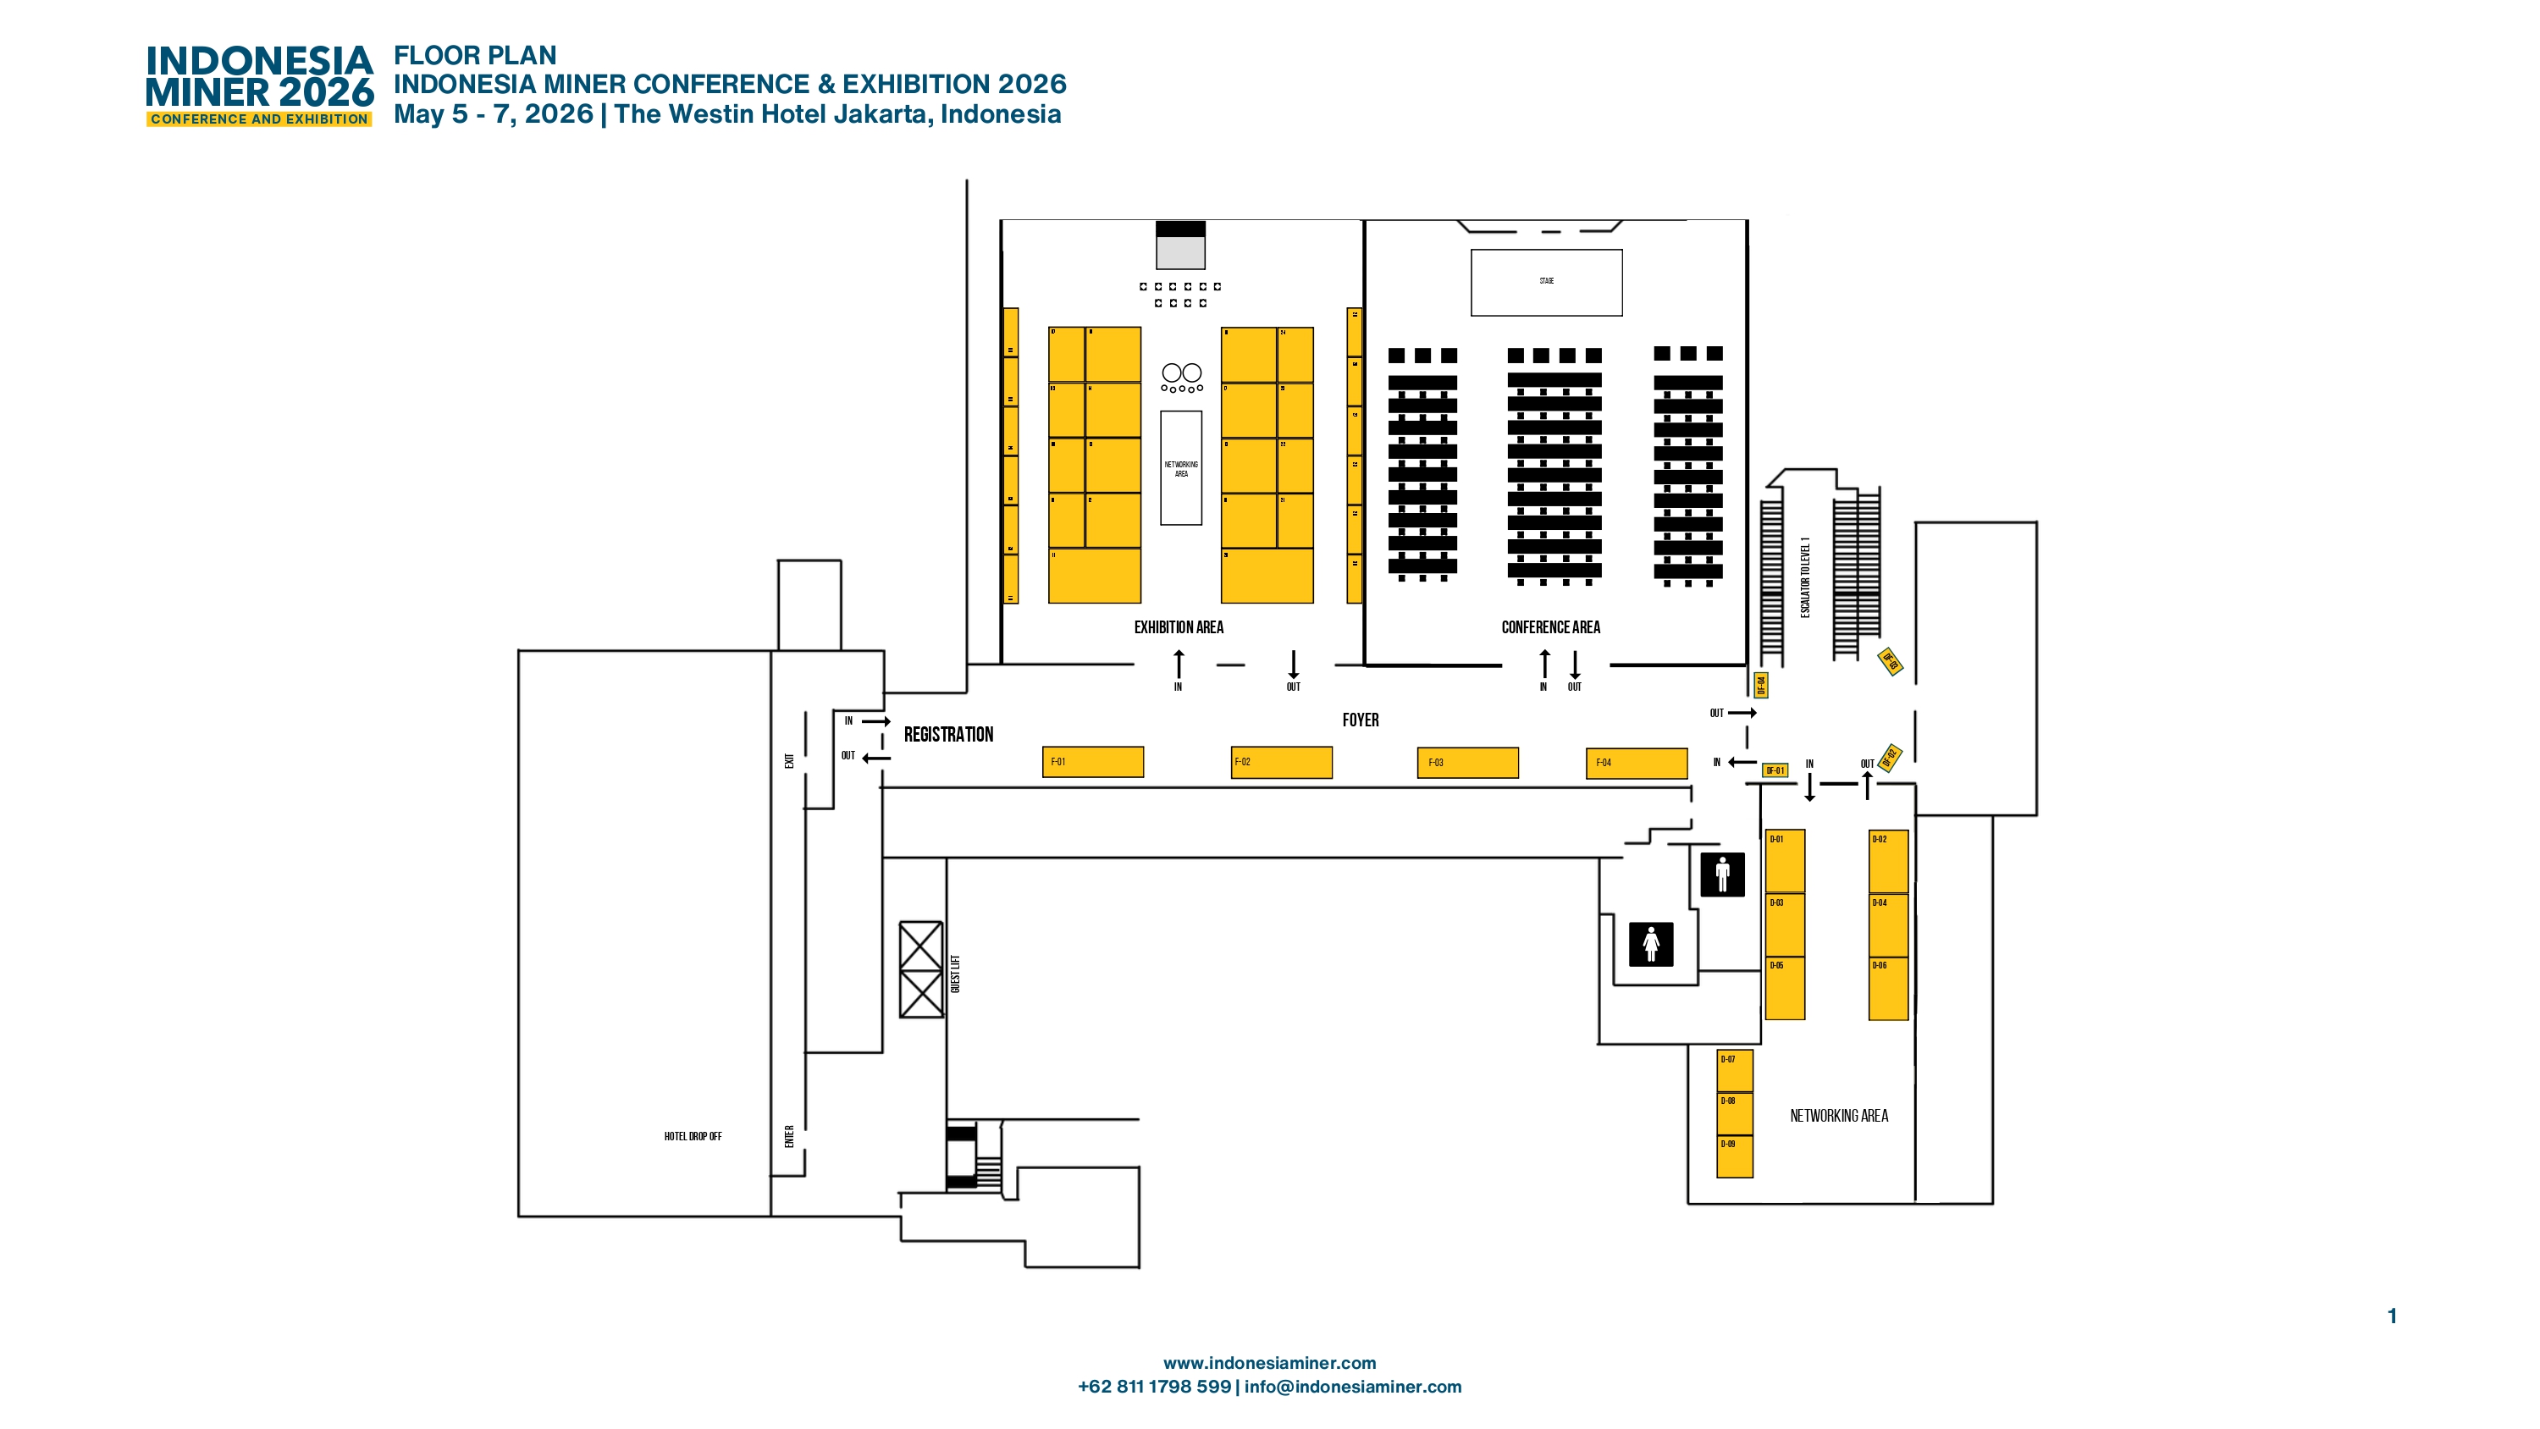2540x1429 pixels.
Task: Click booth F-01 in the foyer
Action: (x=1092, y=761)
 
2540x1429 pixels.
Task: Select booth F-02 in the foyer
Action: (x=1281, y=761)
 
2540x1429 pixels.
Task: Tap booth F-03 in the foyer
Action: (x=1467, y=762)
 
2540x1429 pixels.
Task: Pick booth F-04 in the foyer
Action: (x=1636, y=762)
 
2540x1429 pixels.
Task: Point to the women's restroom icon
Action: (x=1651, y=944)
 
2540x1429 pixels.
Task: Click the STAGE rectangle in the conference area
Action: (x=1545, y=282)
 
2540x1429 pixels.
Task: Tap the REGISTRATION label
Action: (x=947, y=735)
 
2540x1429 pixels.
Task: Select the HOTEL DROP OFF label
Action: (x=693, y=1136)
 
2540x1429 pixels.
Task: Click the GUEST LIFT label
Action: (x=954, y=974)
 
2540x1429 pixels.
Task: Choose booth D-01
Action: (x=1784, y=860)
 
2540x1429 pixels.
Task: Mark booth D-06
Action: (x=1887, y=988)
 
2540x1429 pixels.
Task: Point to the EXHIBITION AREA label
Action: (x=1179, y=627)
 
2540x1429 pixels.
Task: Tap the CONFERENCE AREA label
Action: (x=1550, y=627)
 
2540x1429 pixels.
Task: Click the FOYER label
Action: (x=1360, y=720)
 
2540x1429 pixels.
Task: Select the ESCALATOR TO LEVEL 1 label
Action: (x=1804, y=578)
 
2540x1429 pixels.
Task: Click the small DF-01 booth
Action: (x=1774, y=770)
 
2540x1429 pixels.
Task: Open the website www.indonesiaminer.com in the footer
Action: (x=1269, y=1362)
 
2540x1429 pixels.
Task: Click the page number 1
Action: (x=2391, y=1316)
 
